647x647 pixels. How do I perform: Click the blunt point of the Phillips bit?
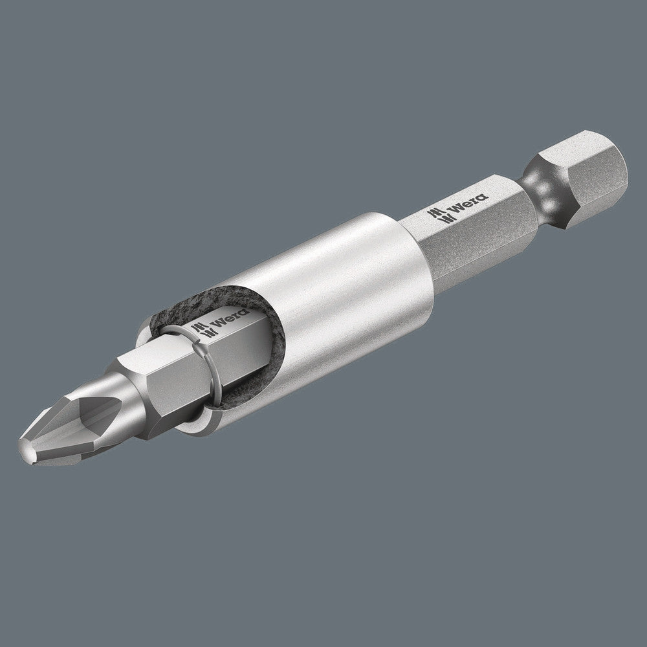(x=26, y=450)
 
